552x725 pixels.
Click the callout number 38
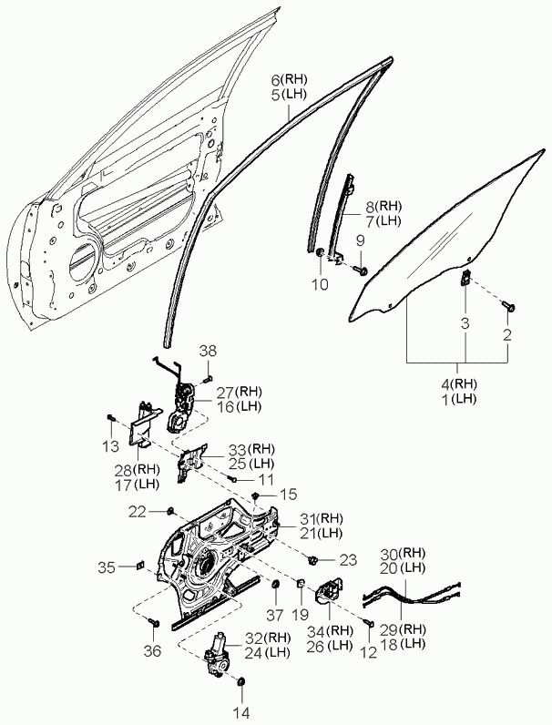pos(209,351)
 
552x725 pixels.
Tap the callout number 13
pos(110,446)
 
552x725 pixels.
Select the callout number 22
pos(136,511)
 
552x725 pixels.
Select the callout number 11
pos(266,478)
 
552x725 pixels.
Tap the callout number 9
pos(360,240)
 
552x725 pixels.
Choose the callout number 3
pos(464,323)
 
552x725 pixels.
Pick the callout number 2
pos(507,334)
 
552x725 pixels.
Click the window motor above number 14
pos(220,657)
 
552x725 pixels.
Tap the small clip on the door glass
pos(465,278)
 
